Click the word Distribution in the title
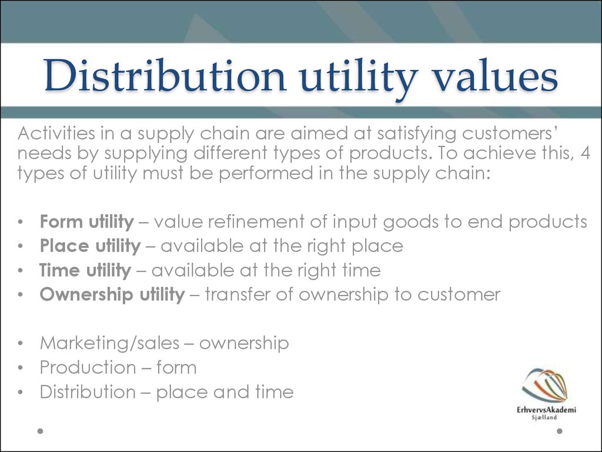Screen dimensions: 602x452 click(x=165, y=75)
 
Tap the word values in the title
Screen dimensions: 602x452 click(x=495, y=75)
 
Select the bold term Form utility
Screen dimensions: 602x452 click(x=87, y=222)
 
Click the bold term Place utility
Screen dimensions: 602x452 click(x=90, y=247)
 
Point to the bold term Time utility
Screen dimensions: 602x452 click(x=85, y=271)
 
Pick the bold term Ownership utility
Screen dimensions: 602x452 click(x=112, y=295)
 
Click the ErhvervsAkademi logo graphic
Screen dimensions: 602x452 click(x=545, y=385)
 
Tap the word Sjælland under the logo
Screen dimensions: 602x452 click(x=544, y=417)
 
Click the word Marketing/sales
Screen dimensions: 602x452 click(x=110, y=343)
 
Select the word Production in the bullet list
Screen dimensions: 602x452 click(x=88, y=367)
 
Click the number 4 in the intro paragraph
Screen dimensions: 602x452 click(x=585, y=154)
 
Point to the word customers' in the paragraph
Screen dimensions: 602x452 click(x=509, y=134)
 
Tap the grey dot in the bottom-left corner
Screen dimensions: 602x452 click(x=41, y=431)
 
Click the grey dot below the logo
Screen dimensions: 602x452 click(x=560, y=431)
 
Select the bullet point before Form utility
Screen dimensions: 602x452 click(x=21, y=222)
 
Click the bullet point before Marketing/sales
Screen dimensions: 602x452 click(x=21, y=343)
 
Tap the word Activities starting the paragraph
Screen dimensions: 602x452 click(x=56, y=134)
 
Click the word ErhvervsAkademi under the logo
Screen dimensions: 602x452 click(x=546, y=410)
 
